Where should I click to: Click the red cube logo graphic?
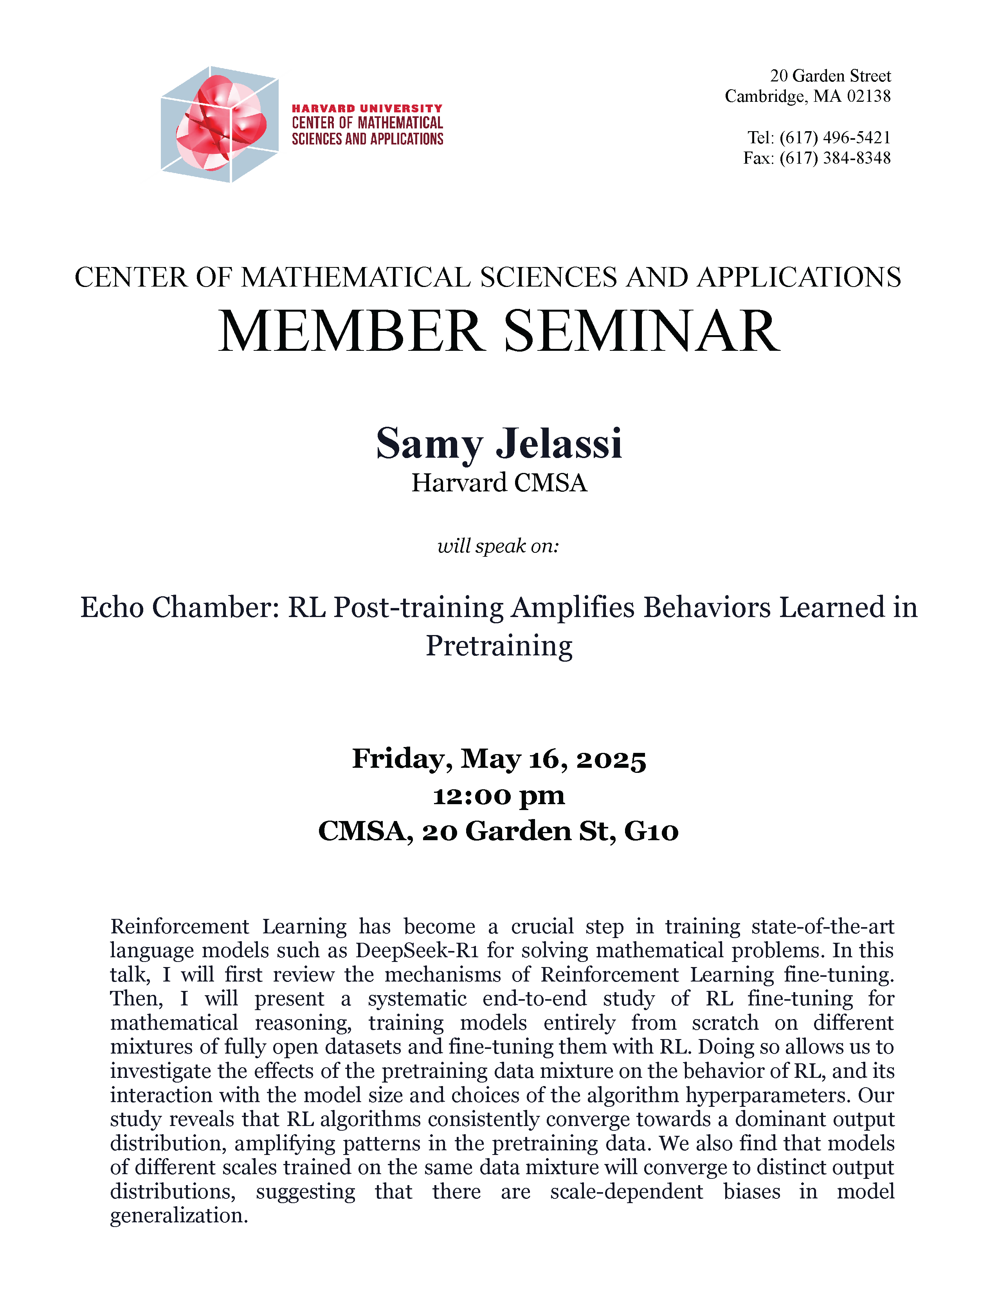219,124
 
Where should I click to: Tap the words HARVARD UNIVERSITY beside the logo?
367,108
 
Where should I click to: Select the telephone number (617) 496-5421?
835,137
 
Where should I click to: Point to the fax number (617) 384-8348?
835,158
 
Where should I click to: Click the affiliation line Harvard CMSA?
499,483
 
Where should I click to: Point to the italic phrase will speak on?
498,545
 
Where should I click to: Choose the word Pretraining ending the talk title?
499,645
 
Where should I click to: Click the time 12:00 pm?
499,796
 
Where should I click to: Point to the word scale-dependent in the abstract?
627,1191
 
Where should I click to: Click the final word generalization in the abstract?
178,1216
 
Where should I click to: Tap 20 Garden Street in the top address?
830,76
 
